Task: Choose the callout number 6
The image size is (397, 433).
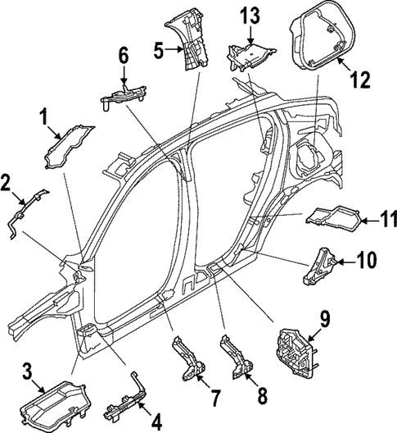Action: tap(124, 56)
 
